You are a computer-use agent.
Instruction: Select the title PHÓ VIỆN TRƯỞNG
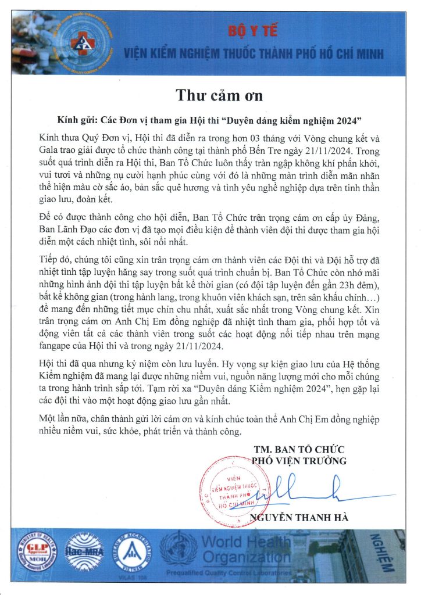pos(299,461)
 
